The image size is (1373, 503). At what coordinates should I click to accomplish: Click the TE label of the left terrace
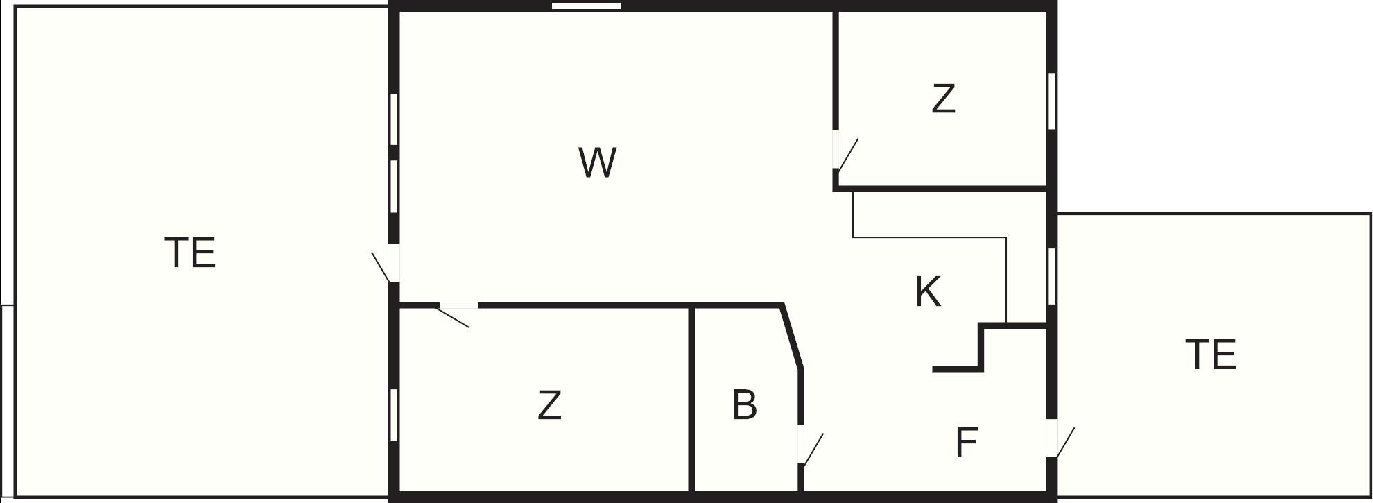[191, 253]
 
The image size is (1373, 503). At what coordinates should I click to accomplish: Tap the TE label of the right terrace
[1211, 355]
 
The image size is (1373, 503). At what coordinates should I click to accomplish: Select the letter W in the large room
[597, 162]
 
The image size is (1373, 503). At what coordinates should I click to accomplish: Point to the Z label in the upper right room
[943, 99]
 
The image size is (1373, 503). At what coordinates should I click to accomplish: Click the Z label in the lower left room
[549, 405]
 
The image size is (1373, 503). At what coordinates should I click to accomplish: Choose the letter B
[744, 404]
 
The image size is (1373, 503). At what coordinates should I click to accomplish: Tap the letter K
[928, 291]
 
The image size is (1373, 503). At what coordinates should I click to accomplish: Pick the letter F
[966, 442]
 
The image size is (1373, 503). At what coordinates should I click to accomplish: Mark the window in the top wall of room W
[587, 6]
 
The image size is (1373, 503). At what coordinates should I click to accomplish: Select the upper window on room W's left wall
[394, 119]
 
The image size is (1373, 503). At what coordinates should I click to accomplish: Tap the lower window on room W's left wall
[394, 187]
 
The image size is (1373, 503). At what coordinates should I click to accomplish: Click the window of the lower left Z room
[394, 415]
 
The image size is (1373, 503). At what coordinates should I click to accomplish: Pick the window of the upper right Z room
[1052, 101]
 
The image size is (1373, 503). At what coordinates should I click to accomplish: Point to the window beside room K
[1052, 276]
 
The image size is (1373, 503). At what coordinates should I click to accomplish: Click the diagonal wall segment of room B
[792, 337]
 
